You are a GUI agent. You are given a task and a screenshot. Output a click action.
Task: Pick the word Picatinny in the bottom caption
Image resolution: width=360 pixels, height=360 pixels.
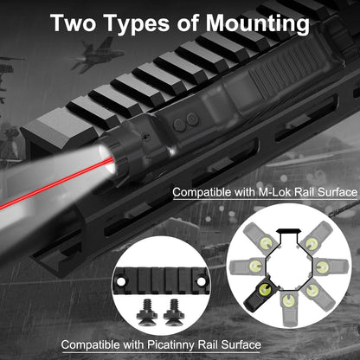(177, 345)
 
